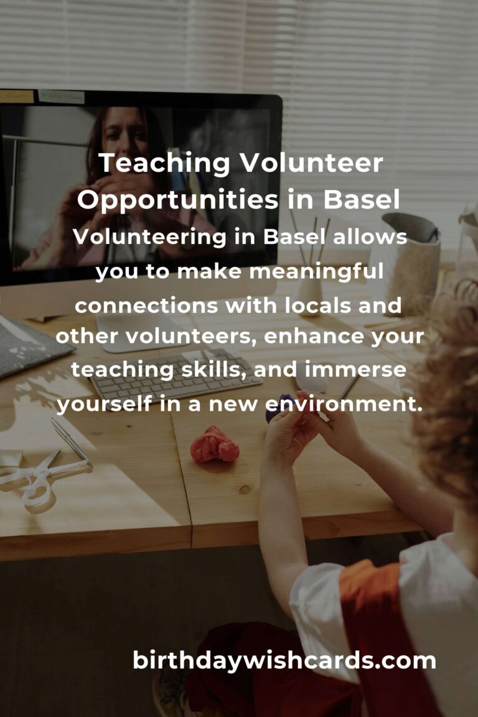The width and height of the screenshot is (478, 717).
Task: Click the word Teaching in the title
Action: pyautogui.click(x=164, y=163)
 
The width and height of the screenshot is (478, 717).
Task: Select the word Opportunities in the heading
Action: pyautogui.click(x=178, y=200)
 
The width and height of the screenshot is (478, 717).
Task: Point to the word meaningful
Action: pyautogui.click(x=317, y=271)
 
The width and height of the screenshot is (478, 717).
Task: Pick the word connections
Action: pyautogui.click(x=146, y=306)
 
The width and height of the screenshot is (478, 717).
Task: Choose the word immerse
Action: pyautogui.click(x=355, y=370)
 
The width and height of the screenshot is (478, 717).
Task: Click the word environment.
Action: pyautogui.click(x=344, y=404)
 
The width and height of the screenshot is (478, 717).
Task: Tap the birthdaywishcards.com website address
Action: pyautogui.click(x=284, y=660)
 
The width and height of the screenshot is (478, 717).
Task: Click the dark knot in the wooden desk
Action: pyautogui.click(x=245, y=490)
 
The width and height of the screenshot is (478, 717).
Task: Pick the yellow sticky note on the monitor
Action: pyautogui.click(x=17, y=96)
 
